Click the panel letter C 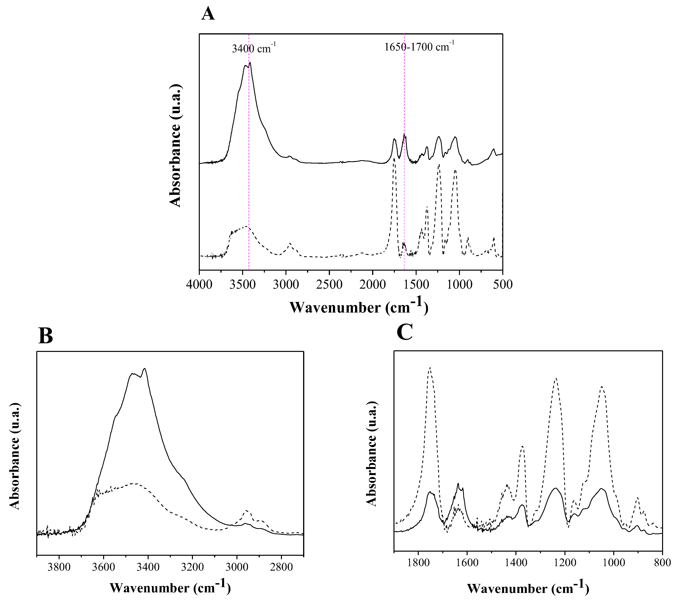click(405, 332)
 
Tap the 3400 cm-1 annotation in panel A click(254, 48)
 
